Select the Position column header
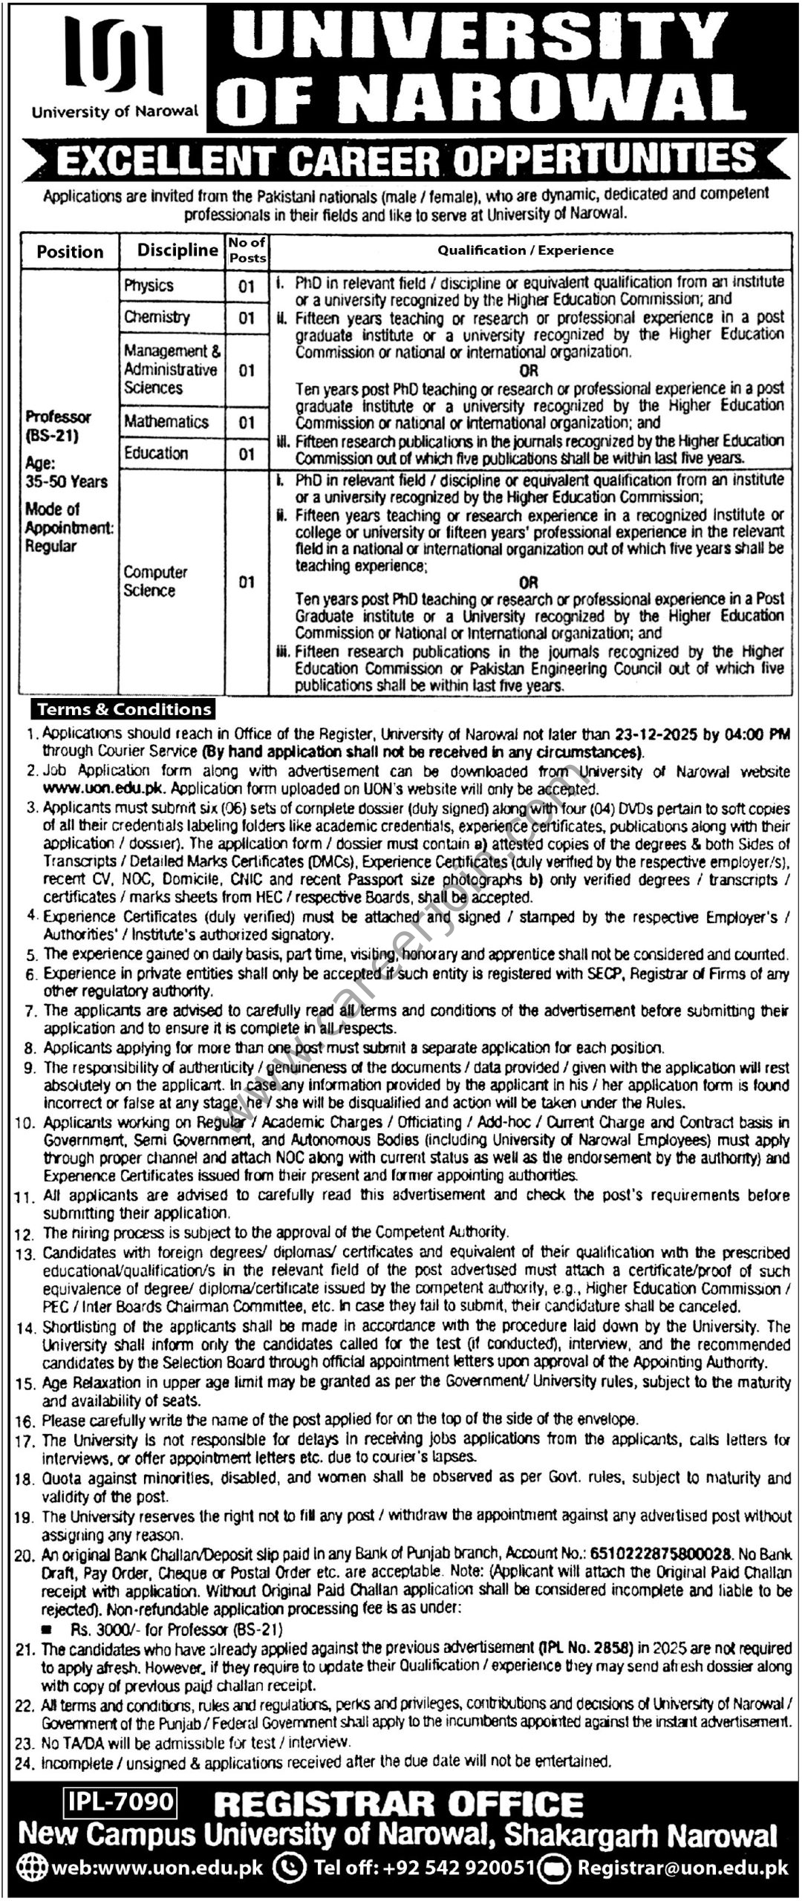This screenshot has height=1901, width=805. tap(70, 252)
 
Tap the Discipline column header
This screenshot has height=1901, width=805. tap(177, 251)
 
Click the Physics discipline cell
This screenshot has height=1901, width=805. tap(149, 286)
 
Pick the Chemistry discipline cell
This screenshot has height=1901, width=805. tap(157, 317)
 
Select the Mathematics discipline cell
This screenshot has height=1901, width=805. tap(166, 422)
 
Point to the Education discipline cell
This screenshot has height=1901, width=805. tap(156, 453)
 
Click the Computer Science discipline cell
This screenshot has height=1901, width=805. tap(155, 581)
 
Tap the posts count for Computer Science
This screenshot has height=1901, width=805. tap(247, 582)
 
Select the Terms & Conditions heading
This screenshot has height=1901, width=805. tap(125, 710)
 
